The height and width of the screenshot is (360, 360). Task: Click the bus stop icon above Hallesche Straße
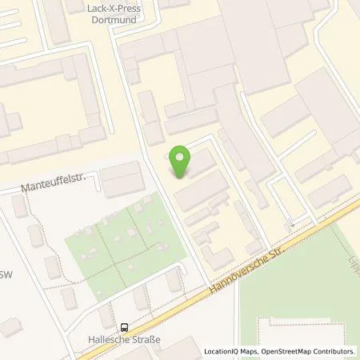coord(124,326)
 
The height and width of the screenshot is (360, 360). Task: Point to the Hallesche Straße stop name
coord(124,338)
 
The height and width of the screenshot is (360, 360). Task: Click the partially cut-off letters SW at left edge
coord(6,250)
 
